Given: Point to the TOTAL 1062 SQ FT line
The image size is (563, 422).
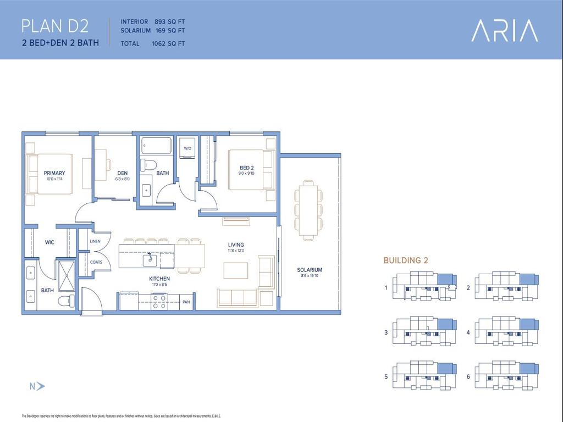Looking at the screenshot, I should [152, 43].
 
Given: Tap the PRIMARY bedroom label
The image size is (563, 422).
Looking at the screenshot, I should [54, 173].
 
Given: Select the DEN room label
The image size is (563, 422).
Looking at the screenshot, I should [115, 173].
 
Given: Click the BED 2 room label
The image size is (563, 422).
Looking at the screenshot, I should [246, 168].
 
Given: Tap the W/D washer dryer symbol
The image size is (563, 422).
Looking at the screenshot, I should [187, 149].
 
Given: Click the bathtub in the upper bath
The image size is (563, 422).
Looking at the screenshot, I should [156, 146].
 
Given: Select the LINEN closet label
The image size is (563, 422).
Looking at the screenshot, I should [95, 241].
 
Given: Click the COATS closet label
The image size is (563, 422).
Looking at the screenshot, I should [96, 262].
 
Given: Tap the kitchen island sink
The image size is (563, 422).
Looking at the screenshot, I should [149, 258].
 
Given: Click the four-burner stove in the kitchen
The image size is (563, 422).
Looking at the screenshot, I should [159, 302].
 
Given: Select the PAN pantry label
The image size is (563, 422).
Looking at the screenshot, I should [186, 302].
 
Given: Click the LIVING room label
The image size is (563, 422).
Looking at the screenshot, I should [236, 245].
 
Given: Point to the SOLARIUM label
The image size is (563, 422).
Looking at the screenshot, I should [310, 270].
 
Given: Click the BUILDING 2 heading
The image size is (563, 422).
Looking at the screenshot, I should [405, 260].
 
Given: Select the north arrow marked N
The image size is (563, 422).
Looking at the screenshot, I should [37, 386].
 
